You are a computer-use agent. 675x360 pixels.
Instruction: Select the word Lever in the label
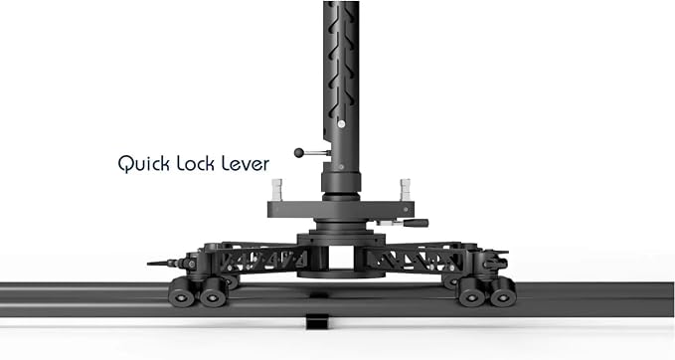[246, 164]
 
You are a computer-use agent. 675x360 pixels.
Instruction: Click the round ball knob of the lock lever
[299, 152]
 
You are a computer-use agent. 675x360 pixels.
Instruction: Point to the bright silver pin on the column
[341, 124]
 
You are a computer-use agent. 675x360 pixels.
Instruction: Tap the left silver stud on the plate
[276, 190]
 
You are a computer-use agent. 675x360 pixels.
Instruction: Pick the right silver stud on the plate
[405, 190]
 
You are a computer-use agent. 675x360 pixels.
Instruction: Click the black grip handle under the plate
[416, 223]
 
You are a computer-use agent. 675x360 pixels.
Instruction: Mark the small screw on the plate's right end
[406, 210]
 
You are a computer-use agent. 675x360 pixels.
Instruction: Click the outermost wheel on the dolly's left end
[182, 292]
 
